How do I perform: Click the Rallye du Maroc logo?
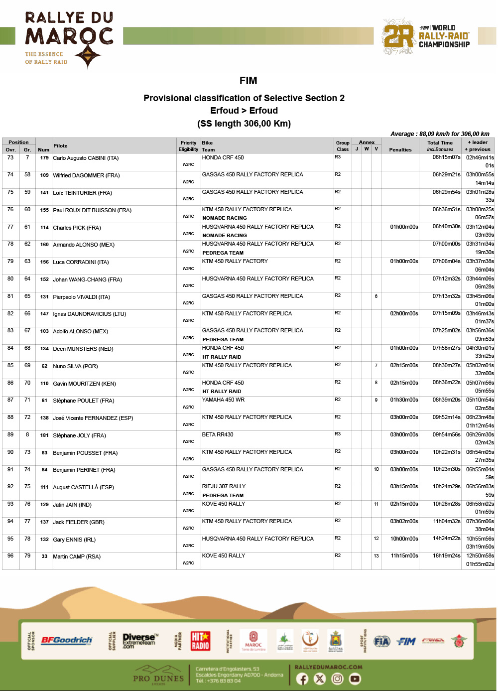(x=69, y=39)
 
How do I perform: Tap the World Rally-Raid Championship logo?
(x=426, y=36)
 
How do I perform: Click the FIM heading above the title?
(x=248, y=81)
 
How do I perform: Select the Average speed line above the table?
(x=440, y=134)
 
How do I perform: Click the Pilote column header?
(x=60, y=146)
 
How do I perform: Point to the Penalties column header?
(x=400, y=149)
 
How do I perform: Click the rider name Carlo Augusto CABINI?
(x=86, y=158)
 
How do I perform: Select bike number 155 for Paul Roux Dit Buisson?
(x=44, y=210)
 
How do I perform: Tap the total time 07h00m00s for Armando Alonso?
(x=446, y=244)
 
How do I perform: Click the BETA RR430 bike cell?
(x=218, y=434)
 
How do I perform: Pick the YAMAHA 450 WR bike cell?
(x=223, y=400)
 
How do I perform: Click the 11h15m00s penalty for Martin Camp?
(x=404, y=556)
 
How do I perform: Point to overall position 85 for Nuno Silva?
(x=10, y=365)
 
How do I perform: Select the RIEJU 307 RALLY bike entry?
(x=224, y=486)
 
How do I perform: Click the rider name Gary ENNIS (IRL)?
(x=74, y=540)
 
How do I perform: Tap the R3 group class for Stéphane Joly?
(x=338, y=434)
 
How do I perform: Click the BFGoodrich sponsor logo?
(x=67, y=640)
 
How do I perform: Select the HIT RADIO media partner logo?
(x=200, y=641)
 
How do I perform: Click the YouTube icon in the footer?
(x=355, y=679)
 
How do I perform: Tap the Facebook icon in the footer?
(x=302, y=679)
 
